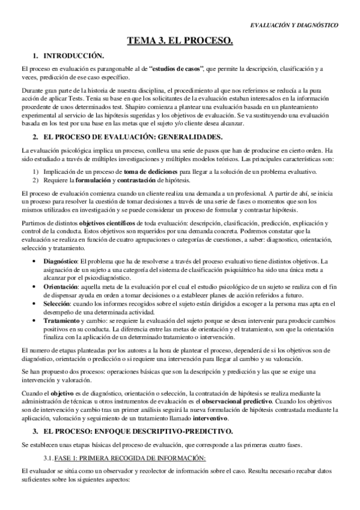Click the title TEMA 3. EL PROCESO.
coord(180,41)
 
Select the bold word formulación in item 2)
coord(90,180)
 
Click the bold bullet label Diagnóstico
coord(61,261)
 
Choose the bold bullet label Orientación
coord(61,287)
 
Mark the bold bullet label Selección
coord(58,305)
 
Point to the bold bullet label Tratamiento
coord(62,322)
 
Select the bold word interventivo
coord(212,419)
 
